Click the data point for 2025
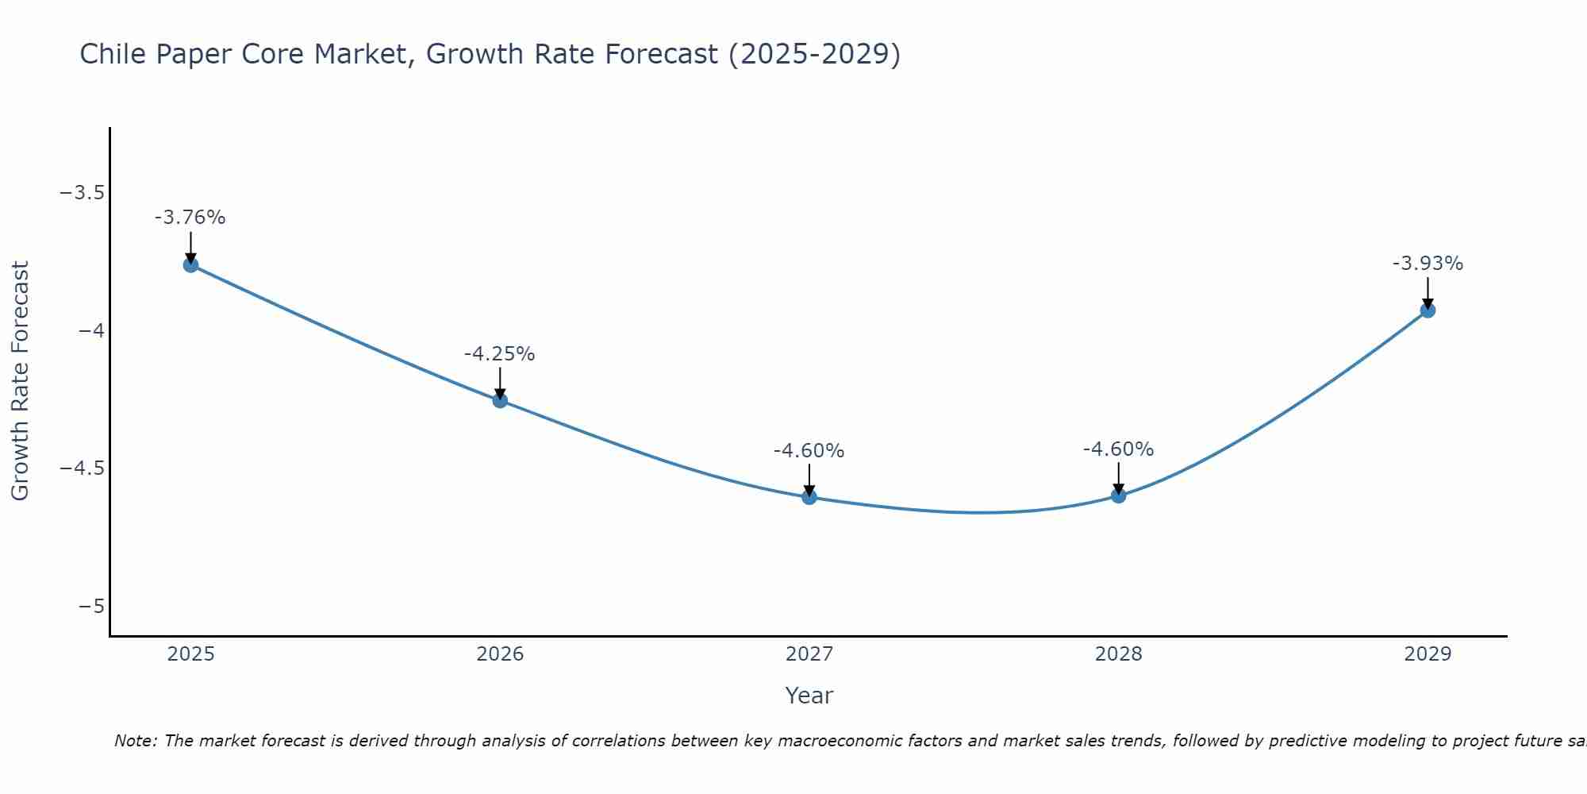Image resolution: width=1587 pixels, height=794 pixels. (190, 264)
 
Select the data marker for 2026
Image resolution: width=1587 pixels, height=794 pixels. (500, 400)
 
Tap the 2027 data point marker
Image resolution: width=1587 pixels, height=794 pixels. (809, 497)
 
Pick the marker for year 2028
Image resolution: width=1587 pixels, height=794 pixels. (1118, 495)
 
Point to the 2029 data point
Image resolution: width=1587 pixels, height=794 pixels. (1428, 310)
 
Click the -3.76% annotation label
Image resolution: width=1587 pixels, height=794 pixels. (190, 218)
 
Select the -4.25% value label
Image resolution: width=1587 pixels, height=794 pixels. (500, 354)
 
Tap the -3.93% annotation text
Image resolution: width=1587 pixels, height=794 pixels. (1428, 264)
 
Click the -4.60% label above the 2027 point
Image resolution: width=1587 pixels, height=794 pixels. (809, 451)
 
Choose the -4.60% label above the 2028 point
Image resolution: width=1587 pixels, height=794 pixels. (1118, 449)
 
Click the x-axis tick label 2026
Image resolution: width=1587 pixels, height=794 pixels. (500, 654)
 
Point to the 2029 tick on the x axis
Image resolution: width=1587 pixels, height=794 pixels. (1428, 654)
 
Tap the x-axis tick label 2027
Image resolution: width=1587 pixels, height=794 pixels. (809, 654)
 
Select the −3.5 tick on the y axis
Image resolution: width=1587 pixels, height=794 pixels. (82, 193)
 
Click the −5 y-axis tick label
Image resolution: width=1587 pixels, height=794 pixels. (92, 607)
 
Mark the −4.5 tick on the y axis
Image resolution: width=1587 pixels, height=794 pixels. (82, 468)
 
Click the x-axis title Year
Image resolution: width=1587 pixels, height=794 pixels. (809, 696)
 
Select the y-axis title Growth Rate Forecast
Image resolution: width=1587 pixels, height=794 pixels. (20, 381)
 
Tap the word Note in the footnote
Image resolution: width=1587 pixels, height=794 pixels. (135, 741)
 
